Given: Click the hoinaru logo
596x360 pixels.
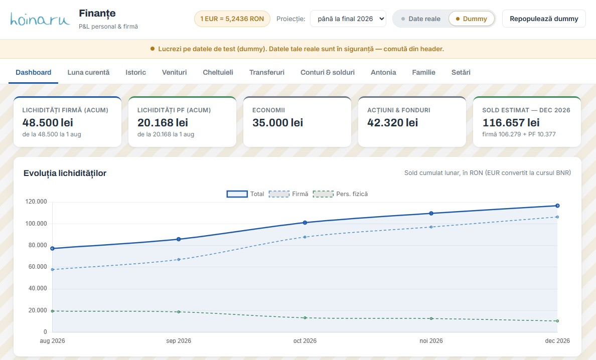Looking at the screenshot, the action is tap(40, 19).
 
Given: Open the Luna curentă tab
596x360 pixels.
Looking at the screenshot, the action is tap(88, 72).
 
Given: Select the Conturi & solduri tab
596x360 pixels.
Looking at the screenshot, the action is tap(327, 72).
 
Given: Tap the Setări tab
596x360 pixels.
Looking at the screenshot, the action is tap(461, 72).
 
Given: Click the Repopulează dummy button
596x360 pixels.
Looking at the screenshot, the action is tap(544, 19).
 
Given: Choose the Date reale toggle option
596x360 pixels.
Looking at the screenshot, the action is tap(420, 19).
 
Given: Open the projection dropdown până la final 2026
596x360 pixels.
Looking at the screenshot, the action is tap(348, 19).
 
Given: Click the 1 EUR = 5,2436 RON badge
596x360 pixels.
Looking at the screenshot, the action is tap(232, 19).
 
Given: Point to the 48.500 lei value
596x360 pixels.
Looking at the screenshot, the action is tap(48, 123).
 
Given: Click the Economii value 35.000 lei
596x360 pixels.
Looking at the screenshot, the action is tap(277, 123).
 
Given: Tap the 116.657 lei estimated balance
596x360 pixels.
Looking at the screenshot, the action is tap(511, 123).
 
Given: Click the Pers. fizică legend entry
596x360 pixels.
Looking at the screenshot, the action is tap(340, 194).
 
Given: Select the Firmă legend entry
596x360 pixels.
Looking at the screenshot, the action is tap(288, 194).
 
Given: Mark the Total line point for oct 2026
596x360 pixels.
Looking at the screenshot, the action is tap(305, 223).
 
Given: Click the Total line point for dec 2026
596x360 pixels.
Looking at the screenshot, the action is tap(557, 206).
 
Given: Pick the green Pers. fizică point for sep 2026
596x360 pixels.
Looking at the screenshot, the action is tap(179, 312).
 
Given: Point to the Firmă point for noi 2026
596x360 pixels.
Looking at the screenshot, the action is tap(431, 227).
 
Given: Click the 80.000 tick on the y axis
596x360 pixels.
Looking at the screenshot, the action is tap(37, 245).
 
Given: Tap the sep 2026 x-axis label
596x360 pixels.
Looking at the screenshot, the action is tap(179, 340).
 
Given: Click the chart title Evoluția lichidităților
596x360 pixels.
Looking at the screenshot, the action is tap(65, 173).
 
